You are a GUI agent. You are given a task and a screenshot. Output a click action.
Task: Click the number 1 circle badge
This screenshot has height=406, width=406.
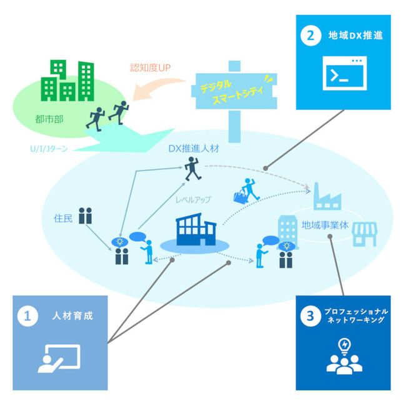point(27,317)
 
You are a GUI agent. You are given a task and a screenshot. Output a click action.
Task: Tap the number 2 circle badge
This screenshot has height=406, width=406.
point(308,35)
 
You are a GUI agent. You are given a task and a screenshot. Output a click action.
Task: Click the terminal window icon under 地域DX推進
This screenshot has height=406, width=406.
point(344,75)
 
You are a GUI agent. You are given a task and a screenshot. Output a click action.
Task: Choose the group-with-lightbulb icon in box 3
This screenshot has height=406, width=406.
point(344,357)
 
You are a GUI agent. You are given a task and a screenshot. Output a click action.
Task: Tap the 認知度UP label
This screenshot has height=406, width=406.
point(151,67)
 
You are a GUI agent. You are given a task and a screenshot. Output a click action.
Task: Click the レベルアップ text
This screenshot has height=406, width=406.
point(193,200)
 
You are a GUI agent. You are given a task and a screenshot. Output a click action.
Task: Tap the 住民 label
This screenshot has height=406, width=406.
point(64,218)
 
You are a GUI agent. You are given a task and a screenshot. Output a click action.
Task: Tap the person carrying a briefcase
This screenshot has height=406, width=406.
point(245,191)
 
